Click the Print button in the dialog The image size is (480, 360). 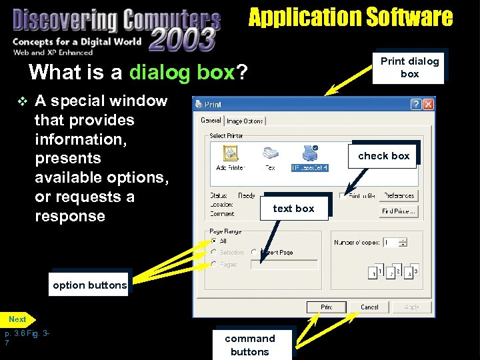tap(326, 307)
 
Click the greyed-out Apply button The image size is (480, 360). tap(411, 307)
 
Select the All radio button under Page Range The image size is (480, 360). tap(214, 241)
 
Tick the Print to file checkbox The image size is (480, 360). tap(343, 196)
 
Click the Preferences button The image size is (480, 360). tap(399, 196)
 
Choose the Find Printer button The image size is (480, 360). tap(399, 211)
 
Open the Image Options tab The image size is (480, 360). tap(245, 121)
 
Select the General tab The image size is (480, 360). tap(211, 120)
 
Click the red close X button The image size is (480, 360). tap(428, 104)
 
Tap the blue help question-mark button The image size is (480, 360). tap(415, 104)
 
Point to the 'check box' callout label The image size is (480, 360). tap(383, 156)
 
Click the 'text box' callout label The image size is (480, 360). tap(293, 209)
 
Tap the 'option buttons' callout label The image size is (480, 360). tap(89, 285)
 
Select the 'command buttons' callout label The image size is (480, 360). tap(250, 345)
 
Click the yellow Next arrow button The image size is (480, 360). tap(18, 319)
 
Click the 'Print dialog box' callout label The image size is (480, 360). tap(409, 67)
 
